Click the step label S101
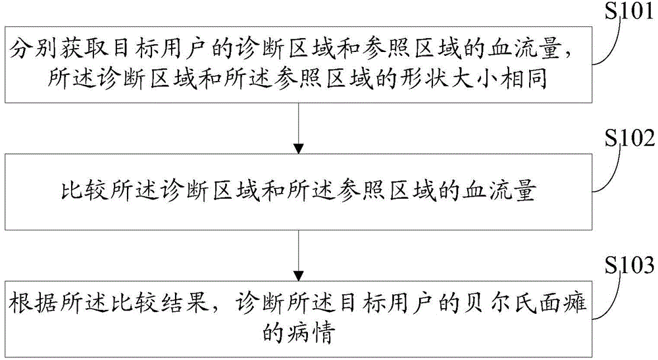(628, 13)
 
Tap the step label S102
(629, 139)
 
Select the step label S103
(629, 265)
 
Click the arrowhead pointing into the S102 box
(298, 149)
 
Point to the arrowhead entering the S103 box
(298, 276)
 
